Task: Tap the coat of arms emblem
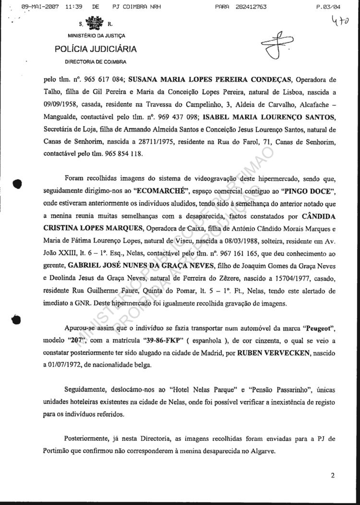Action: (x=92, y=23)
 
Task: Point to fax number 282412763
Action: (x=248, y=7)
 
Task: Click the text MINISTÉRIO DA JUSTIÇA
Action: (x=96, y=35)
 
